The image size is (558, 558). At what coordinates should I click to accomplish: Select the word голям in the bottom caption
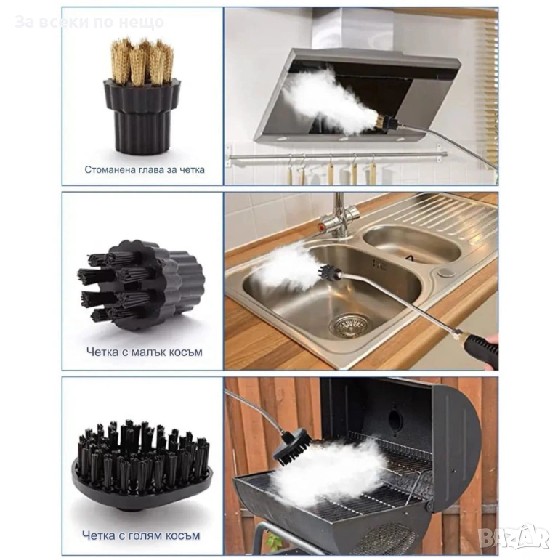(x=140, y=535)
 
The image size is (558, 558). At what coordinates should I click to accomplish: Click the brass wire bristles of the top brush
(x=142, y=61)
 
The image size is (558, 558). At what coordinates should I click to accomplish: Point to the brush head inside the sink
(x=328, y=273)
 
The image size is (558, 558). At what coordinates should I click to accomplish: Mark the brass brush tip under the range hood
(x=380, y=124)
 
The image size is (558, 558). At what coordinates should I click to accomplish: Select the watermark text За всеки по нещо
(x=89, y=22)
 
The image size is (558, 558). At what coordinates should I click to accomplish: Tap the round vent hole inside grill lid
(x=395, y=419)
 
